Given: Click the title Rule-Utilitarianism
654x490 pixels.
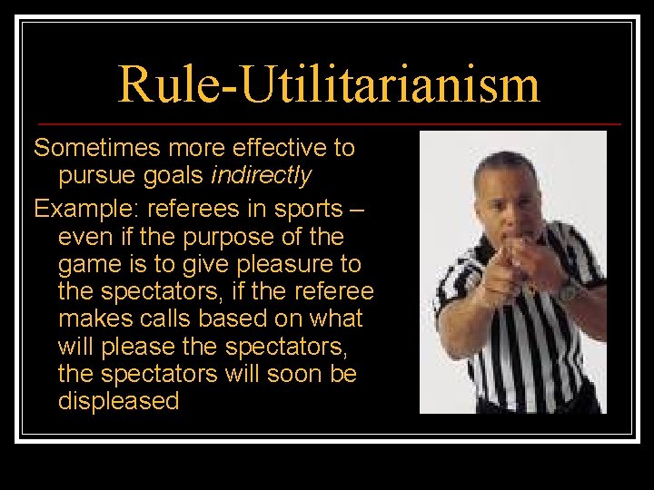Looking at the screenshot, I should [328, 83].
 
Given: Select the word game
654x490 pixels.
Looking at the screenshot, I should [87, 265].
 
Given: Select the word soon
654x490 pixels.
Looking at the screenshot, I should [290, 374].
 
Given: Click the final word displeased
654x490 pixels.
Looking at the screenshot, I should [119, 401].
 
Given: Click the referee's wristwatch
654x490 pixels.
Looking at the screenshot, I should [568, 290].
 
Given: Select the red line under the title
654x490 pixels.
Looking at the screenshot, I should [327, 123].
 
